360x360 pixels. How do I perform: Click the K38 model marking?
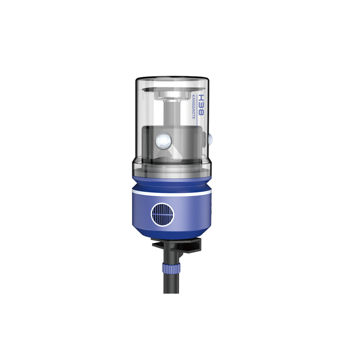tap(201, 105)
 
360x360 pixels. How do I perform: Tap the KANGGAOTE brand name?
tap(193, 107)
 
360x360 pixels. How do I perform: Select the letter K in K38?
tap(201, 98)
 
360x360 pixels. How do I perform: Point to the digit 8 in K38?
tap(201, 112)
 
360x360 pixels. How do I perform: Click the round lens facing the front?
tap(163, 140)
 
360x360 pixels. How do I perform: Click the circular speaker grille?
tap(162, 215)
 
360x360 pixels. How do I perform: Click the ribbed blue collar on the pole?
tap(171, 268)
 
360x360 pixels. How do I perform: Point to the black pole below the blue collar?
tap(171, 283)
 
